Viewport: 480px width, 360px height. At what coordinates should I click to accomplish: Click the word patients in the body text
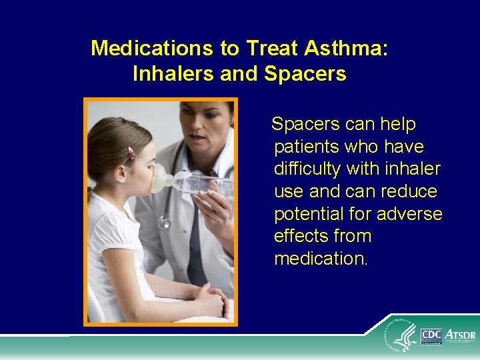(x=307, y=147)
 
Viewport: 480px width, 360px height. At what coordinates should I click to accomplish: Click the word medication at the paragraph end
(x=321, y=259)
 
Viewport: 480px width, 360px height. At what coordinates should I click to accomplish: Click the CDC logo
(x=431, y=337)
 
